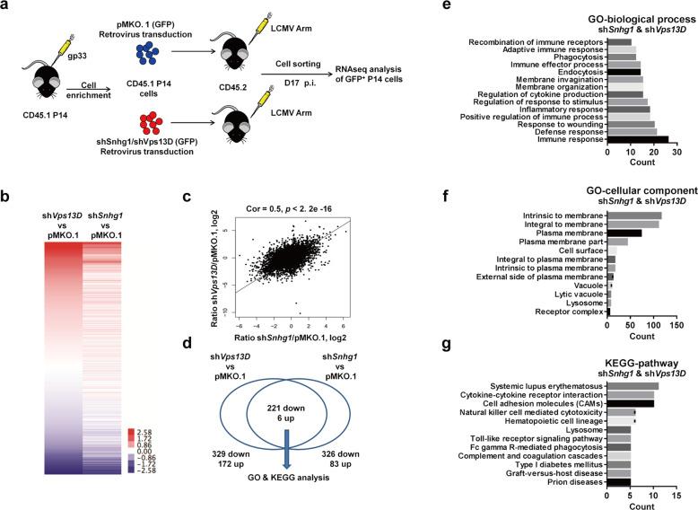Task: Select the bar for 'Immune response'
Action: pos(637,140)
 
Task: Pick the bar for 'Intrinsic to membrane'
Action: pos(633,215)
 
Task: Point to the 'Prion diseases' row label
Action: pos(573,481)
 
